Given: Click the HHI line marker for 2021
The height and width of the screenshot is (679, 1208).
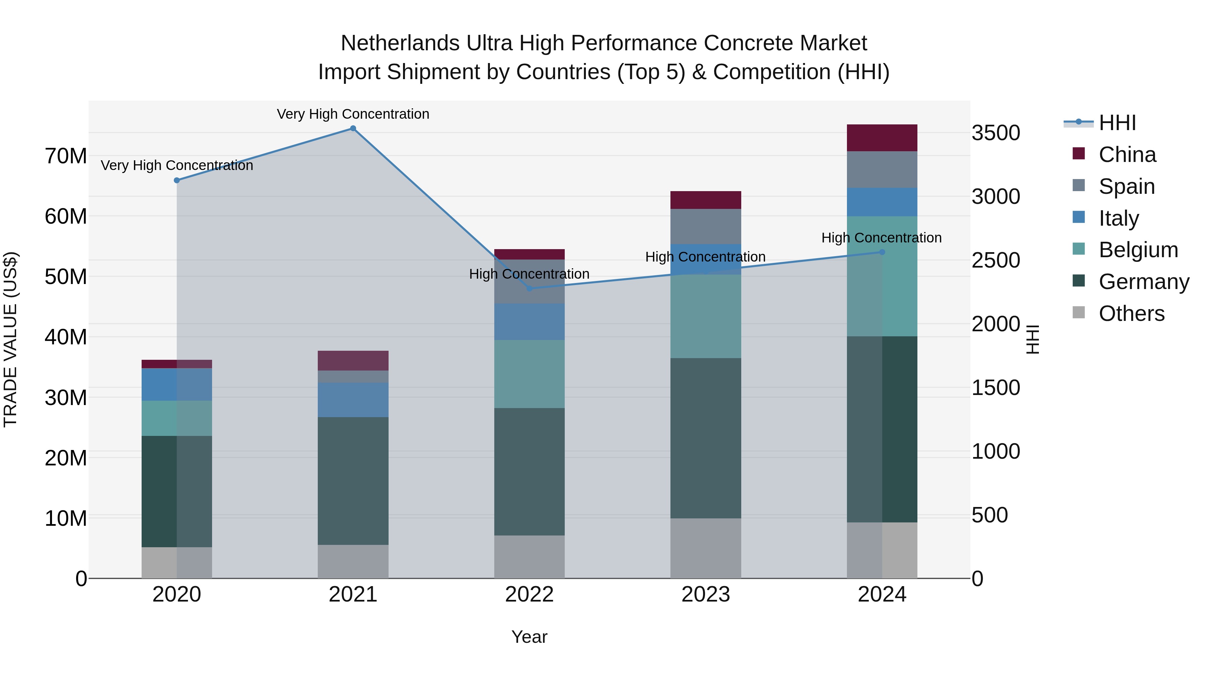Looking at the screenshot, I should click(x=353, y=128).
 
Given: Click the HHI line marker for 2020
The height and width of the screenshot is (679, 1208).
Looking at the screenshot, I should click(x=177, y=180).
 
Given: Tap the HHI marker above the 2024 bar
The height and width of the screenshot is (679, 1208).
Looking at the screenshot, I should click(x=882, y=252).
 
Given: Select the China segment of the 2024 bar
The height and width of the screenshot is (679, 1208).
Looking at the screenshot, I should click(x=882, y=138).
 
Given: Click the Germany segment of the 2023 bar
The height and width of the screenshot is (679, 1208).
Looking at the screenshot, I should click(x=706, y=438).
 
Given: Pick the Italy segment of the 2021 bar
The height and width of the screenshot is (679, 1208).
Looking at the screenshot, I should click(x=353, y=400).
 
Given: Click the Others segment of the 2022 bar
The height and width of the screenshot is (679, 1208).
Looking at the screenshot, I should click(x=530, y=557).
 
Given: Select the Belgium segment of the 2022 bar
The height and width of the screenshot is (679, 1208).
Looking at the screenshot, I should click(x=530, y=374).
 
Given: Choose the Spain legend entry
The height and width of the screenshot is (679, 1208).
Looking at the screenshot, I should click(x=1126, y=186).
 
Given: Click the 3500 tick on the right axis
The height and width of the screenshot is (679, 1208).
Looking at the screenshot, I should click(x=996, y=133).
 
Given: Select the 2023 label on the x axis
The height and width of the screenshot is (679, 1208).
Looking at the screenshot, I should click(x=706, y=595).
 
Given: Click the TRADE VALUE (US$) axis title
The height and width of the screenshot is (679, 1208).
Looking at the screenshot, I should click(x=10, y=339).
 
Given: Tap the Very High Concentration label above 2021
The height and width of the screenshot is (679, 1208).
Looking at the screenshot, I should click(x=353, y=114).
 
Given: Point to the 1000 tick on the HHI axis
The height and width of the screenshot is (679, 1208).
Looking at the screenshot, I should click(x=996, y=452).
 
